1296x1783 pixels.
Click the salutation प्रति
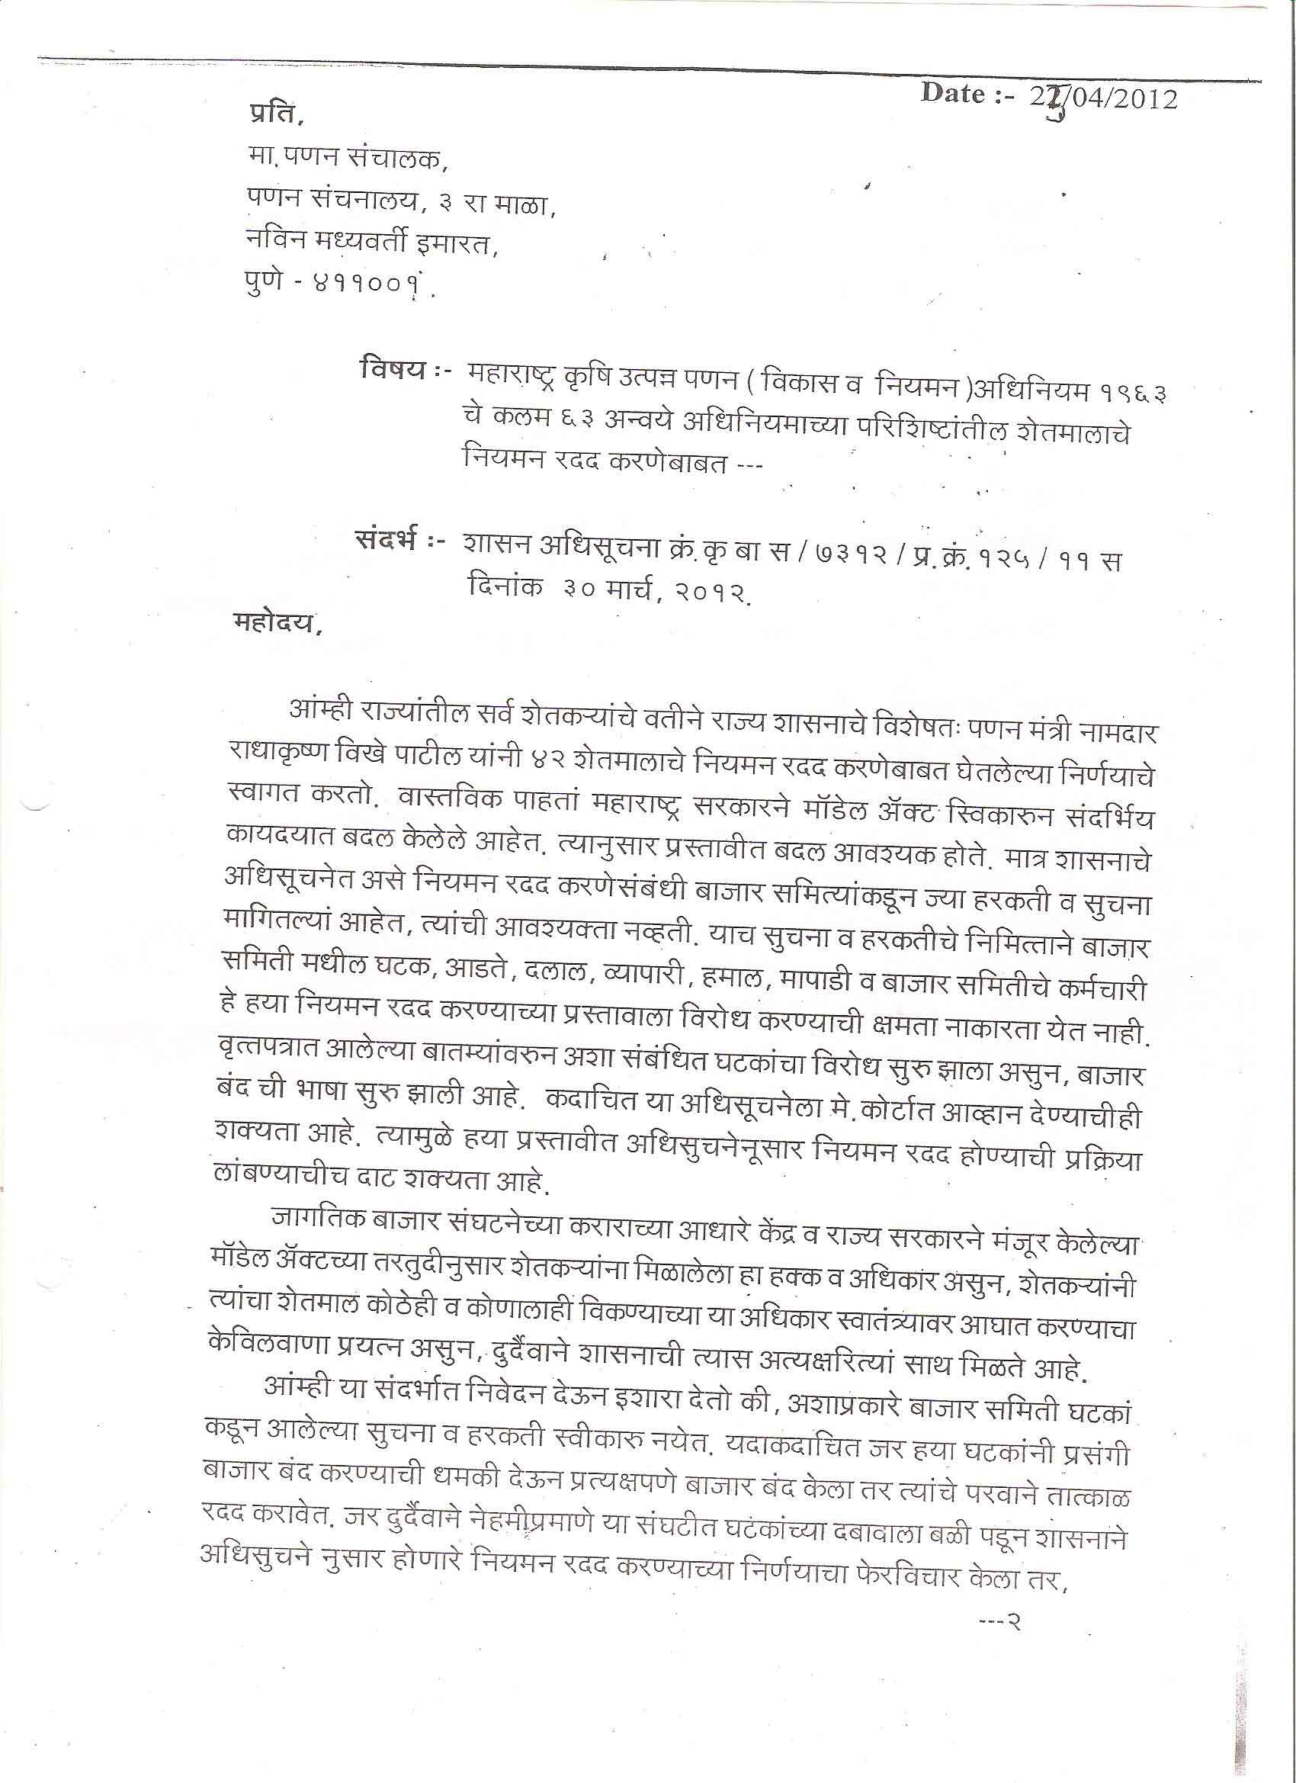(x=272, y=116)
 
